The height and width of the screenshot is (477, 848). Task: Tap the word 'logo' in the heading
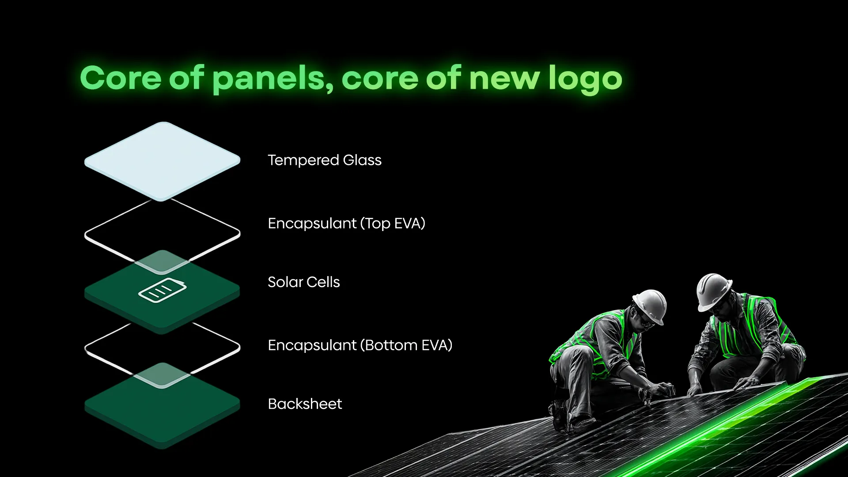[585, 79]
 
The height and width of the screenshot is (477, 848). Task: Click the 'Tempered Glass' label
[325, 160]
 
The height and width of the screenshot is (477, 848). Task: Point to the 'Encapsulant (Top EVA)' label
[347, 223]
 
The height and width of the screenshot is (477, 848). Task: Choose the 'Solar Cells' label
[304, 282]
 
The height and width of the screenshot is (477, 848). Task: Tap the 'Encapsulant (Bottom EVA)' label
[360, 345]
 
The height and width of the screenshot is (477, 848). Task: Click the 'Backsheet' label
[305, 404]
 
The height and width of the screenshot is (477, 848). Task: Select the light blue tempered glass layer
[162, 161]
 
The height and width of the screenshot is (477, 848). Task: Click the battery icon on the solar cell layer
[163, 290]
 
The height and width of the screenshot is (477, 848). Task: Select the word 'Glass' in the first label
[362, 160]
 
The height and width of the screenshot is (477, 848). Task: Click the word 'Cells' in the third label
[323, 282]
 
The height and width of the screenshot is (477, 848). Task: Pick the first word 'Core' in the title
[121, 79]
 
